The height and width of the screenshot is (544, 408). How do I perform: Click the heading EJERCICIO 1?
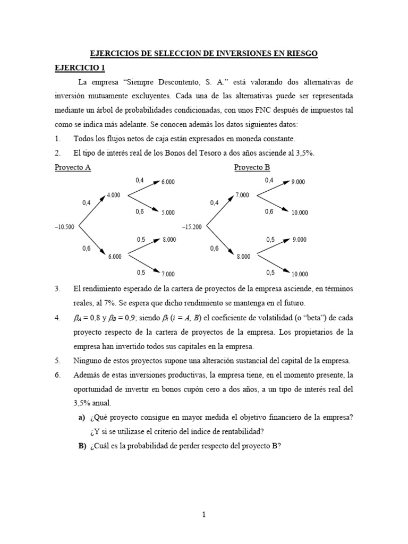80,67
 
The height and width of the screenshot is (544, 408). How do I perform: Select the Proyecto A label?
73,167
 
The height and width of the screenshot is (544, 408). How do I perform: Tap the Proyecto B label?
252,167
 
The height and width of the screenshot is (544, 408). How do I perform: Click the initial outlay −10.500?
64,227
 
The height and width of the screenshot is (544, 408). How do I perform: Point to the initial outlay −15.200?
192,227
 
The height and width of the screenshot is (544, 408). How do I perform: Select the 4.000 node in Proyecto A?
114,195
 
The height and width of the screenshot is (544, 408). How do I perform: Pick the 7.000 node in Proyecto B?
242,195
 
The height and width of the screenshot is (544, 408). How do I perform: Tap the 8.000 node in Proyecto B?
243,257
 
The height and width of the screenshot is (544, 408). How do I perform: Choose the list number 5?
57,361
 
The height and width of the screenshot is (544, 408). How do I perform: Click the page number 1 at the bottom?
203,514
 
